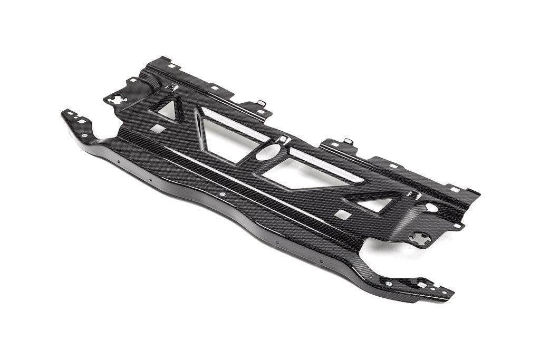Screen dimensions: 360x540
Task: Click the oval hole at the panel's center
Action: click(269, 153)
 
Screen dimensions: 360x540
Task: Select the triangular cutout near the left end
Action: click(168, 110)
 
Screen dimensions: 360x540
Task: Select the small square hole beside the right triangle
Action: click(343, 214)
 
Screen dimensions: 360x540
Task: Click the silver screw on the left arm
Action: click(85, 135)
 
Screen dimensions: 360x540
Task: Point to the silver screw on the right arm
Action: click(388, 284)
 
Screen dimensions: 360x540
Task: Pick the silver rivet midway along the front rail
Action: click(221, 195)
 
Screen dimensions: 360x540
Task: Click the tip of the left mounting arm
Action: click(65, 113)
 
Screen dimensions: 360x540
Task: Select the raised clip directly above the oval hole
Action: click(283, 139)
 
